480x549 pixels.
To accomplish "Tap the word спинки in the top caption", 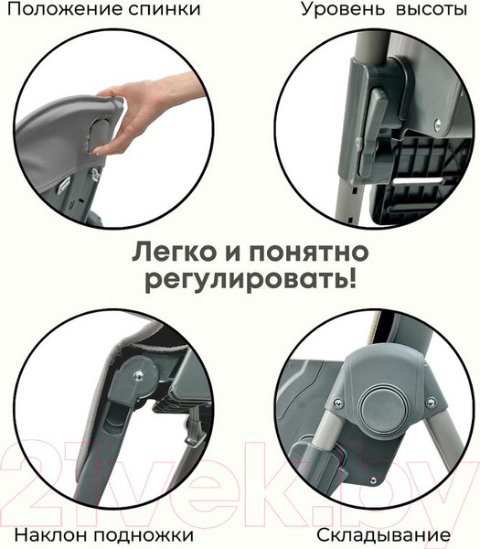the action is pos(164,10).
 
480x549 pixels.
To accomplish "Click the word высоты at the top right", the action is pos(432,10).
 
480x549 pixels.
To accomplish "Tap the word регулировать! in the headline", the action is pos(251,282).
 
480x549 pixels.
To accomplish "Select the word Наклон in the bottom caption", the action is pos(51,535).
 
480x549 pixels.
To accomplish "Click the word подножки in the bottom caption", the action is pos(144,536).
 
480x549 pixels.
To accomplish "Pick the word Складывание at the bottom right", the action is pos(383,535).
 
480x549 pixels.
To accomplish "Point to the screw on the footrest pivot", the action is pos(138,376).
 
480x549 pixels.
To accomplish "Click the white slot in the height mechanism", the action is pos(417,180).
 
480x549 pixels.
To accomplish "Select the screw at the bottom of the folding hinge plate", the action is pos(373,480).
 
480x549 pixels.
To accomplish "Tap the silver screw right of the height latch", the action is pos(437,124).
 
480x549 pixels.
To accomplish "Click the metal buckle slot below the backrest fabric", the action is pos(64,184).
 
